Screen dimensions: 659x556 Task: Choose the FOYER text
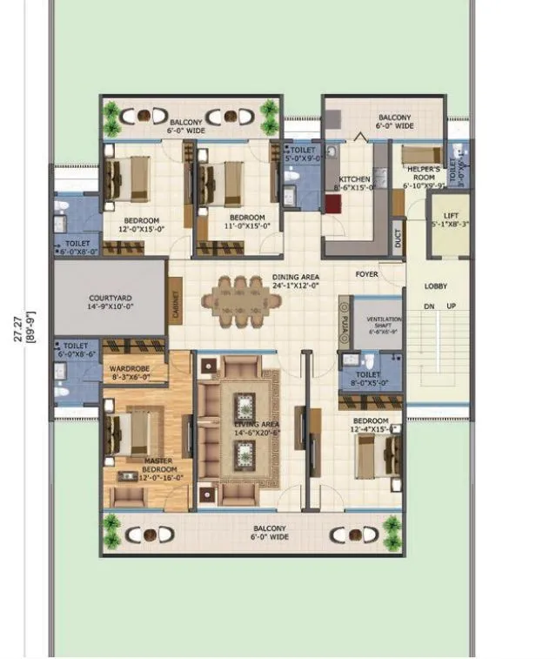[x=366, y=274]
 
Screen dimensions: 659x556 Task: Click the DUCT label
[x=398, y=238]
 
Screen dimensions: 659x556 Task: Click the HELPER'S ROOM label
[x=424, y=179]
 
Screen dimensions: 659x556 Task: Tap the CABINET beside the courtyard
[x=175, y=300]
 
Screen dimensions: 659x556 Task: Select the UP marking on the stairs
[x=450, y=306]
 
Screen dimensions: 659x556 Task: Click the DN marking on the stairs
[x=427, y=306]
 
